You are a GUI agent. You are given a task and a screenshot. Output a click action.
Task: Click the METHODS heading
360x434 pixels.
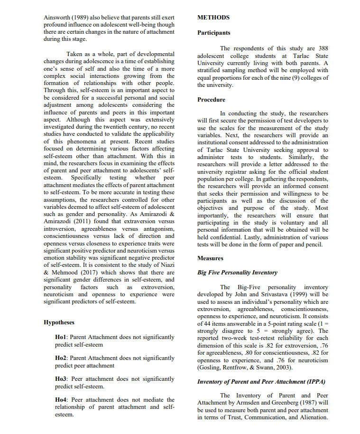(213, 18)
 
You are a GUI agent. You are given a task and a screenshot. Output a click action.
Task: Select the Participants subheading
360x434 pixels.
(214, 33)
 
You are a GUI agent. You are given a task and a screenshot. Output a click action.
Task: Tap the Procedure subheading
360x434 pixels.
(212, 100)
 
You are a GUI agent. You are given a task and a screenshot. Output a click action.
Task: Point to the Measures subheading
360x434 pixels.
(211, 258)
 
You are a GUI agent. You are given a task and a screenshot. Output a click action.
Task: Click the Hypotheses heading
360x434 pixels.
(59, 322)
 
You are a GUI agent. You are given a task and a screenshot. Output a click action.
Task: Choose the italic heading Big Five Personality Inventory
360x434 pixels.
(237, 273)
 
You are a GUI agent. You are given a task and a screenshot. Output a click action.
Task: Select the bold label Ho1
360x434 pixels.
(62, 337)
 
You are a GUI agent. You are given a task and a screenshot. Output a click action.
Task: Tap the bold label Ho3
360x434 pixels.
(62, 379)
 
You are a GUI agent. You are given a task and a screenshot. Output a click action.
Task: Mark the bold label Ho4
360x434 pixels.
(62, 400)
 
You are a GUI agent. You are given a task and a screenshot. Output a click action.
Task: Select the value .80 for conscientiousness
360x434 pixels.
(246, 353)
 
